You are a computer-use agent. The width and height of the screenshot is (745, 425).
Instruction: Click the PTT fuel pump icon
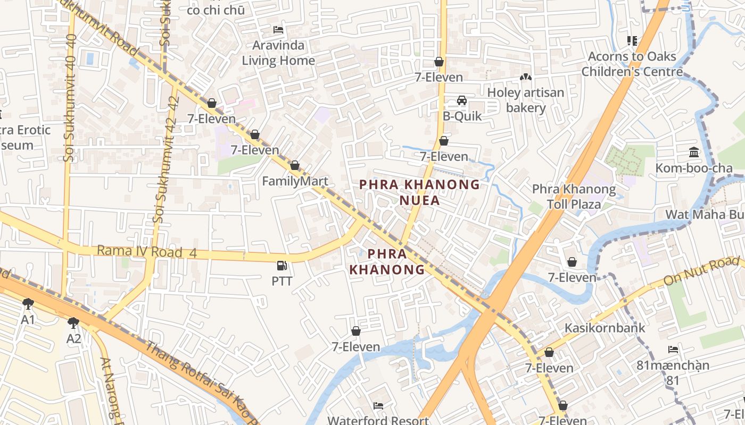point(282,265)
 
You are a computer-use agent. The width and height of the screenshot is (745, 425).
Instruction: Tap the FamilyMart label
point(295,182)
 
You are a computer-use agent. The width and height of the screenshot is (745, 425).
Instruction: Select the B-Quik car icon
point(462,100)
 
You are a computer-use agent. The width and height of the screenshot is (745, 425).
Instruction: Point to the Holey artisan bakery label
point(525,100)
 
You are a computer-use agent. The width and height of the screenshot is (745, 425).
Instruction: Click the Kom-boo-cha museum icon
point(694,152)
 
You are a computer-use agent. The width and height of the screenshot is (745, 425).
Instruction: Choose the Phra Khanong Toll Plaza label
point(574,197)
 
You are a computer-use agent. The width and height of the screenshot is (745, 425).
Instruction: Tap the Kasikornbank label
point(605,328)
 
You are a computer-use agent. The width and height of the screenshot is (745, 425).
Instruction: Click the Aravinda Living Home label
point(278,53)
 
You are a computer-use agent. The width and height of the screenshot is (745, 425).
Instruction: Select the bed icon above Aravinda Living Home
point(278,29)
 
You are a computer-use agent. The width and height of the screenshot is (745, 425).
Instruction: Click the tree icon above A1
point(28,304)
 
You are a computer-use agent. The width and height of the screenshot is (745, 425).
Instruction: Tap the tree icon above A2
point(73,322)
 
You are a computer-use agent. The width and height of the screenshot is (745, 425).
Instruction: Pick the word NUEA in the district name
point(420,200)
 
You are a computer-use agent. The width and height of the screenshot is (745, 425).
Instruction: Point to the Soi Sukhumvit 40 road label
point(70,98)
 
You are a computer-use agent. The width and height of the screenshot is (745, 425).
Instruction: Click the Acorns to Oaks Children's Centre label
point(632,64)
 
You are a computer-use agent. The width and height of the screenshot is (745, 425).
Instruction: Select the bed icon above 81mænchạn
point(673,350)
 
